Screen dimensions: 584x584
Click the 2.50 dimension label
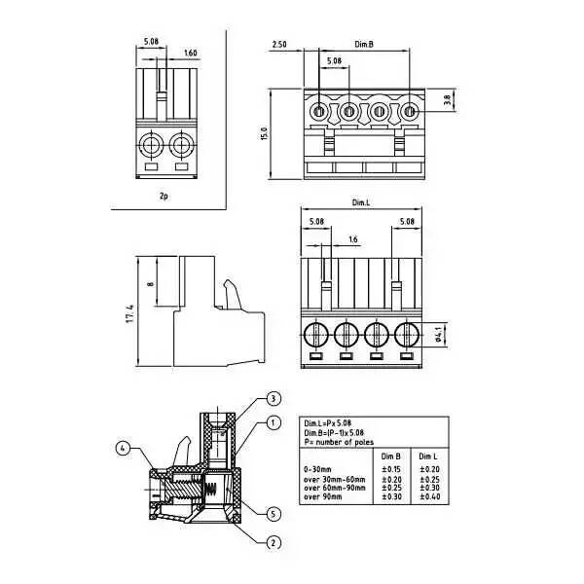279,45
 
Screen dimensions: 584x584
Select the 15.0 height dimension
264,132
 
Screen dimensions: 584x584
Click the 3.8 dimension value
447,100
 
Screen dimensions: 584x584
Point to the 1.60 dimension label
190,54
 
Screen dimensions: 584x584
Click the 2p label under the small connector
164,195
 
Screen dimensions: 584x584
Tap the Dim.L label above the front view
361,202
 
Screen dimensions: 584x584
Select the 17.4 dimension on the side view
129,316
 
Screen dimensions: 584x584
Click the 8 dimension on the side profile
149,284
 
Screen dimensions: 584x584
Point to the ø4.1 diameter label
440,334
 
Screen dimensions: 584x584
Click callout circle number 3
274,399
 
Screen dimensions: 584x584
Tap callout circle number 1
274,423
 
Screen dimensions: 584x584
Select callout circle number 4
123,449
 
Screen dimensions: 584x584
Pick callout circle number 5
274,513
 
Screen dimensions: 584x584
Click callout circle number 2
274,542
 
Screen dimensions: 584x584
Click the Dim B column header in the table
391,456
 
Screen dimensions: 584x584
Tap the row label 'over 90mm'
324,497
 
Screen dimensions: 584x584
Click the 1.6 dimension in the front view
351,238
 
